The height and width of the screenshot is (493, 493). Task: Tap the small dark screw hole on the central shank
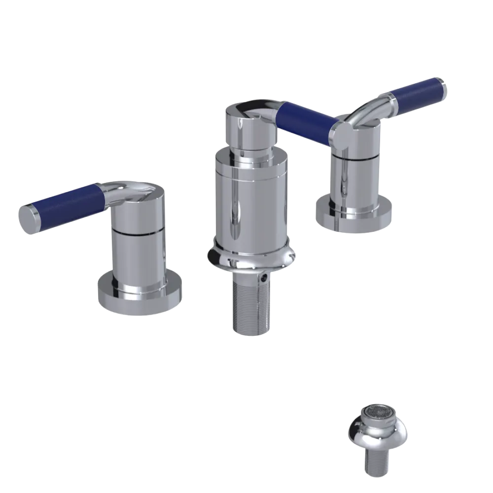pos(267,279)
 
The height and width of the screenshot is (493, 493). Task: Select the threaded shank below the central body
pos(250,306)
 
